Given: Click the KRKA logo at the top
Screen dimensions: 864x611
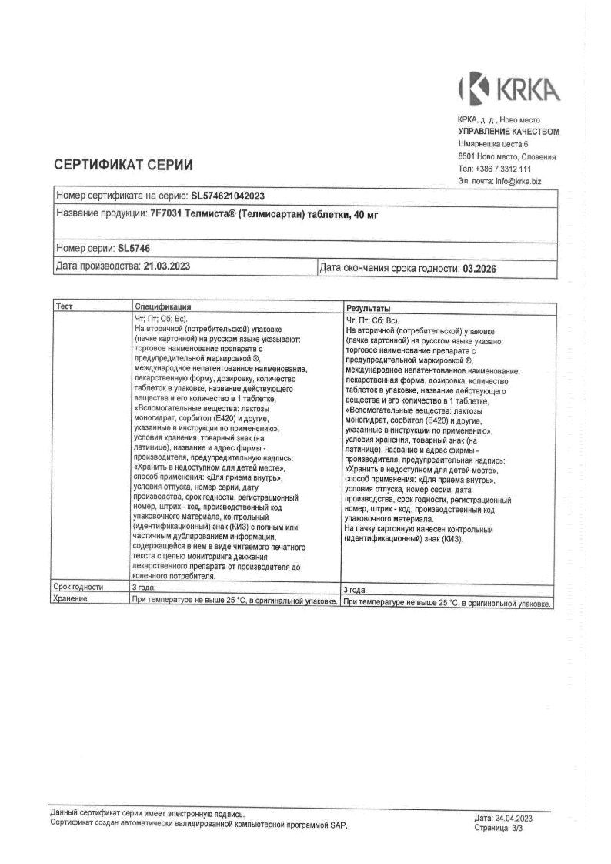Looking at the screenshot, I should tap(509, 89).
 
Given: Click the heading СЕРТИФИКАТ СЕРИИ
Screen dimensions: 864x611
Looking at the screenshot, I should tap(123, 165).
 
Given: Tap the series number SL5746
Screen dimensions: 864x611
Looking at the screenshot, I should tap(135, 249).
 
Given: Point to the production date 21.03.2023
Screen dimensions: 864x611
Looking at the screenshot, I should tap(167, 266).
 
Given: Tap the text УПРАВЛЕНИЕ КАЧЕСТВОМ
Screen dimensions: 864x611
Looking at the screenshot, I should tap(509, 132).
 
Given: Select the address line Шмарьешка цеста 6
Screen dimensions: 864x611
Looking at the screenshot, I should tap(493, 144).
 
